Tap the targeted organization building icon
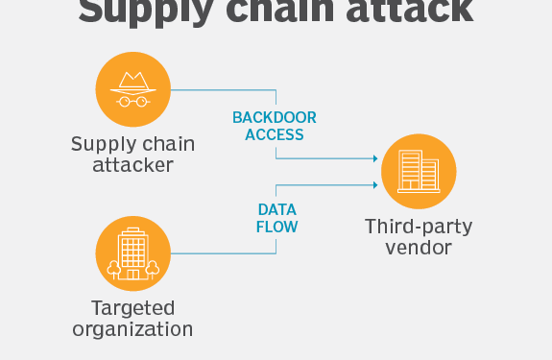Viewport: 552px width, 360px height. click(x=133, y=253)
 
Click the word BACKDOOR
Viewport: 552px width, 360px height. click(x=275, y=118)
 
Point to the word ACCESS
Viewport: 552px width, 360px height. click(x=275, y=135)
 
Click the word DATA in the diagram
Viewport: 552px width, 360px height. click(x=276, y=209)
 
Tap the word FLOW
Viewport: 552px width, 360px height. click(x=276, y=228)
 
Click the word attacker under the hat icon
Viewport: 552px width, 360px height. click(x=133, y=165)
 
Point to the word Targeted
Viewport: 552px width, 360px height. click(x=133, y=308)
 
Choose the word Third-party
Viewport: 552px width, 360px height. click(x=418, y=228)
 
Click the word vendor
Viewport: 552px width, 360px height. click(x=418, y=249)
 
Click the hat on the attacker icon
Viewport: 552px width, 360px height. click(x=133, y=80)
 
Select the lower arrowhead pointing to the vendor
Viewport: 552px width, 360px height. click(x=371, y=184)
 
